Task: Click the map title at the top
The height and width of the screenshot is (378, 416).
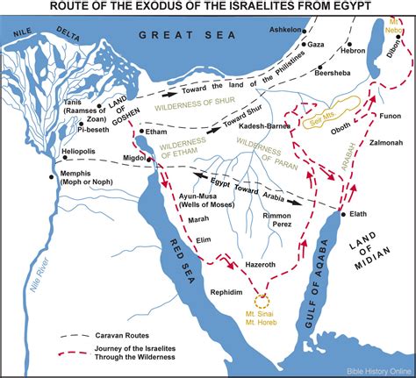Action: (x=208, y=8)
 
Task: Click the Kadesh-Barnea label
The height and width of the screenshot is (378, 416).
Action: (x=254, y=125)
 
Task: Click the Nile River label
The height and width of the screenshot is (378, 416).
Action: (x=35, y=259)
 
